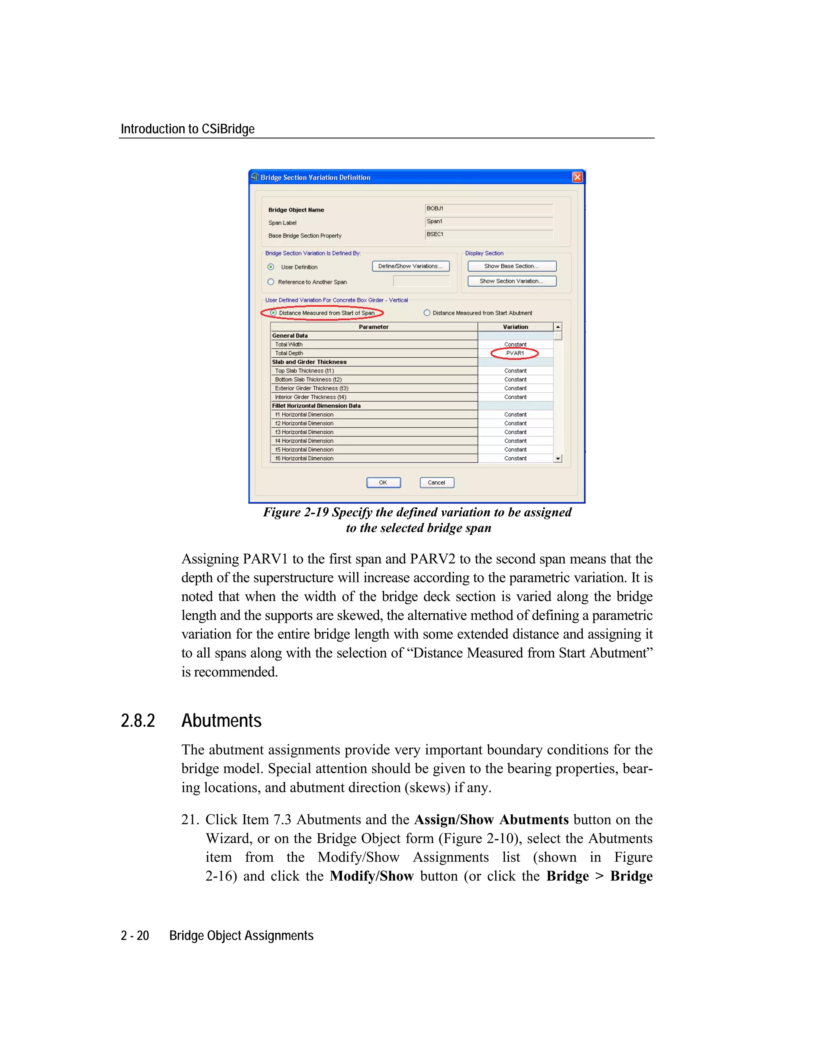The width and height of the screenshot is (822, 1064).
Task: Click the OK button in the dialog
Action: [x=383, y=482]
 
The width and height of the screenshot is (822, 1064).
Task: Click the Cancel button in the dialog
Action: [x=436, y=482]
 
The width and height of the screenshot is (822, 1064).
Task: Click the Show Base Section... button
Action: [x=511, y=266]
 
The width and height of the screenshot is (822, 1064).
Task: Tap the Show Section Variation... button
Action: [x=511, y=281]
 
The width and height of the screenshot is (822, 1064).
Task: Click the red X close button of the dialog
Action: [x=577, y=177]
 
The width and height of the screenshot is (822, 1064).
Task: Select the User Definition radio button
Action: [x=271, y=267]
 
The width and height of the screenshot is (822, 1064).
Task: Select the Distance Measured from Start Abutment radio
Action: [x=427, y=313]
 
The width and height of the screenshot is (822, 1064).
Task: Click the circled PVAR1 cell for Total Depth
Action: [x=515, y=353]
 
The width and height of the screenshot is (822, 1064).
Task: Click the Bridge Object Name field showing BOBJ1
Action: [x=488, y=209]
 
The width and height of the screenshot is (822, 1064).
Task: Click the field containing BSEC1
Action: [x=488, y=235]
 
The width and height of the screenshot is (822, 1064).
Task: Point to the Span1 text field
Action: [x=488, y=222]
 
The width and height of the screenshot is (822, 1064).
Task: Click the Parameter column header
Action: [x=374, y=327]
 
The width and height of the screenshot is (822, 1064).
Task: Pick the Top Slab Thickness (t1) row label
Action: [x=305, y=371]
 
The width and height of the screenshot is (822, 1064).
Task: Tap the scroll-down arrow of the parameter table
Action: [x=557, y=459]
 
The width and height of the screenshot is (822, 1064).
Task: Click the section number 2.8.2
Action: [x=138, y=721]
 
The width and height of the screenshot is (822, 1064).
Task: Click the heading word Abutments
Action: [x=222, y=721]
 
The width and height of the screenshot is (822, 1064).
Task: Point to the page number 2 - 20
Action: [x=135, y=936]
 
